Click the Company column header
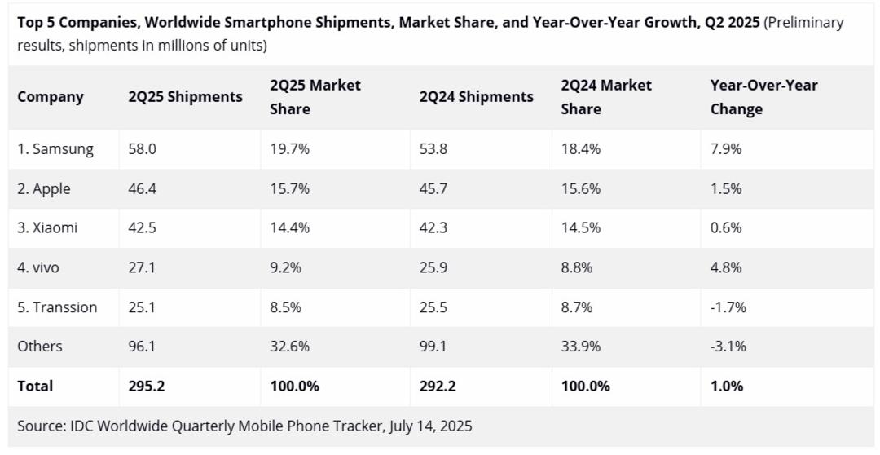click(51, 97)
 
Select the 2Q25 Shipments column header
click(185, 97)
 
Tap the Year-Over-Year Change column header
click(763, 97)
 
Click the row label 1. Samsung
click(55, 149)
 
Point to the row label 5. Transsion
click(57, 307)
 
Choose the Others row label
click(40, 346)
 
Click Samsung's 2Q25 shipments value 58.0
click(142, 149)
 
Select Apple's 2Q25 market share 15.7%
click(289, 188)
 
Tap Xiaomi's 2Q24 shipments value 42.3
click(433, 228)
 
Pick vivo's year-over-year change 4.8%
click(726, 267)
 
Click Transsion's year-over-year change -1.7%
click(728, 307)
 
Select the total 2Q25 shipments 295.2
click(147, 386)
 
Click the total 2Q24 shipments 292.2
click(438, 386)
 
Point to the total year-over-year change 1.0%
click(727, 386)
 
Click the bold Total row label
click(35, 386)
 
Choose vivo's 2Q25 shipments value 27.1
click(142, 267)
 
